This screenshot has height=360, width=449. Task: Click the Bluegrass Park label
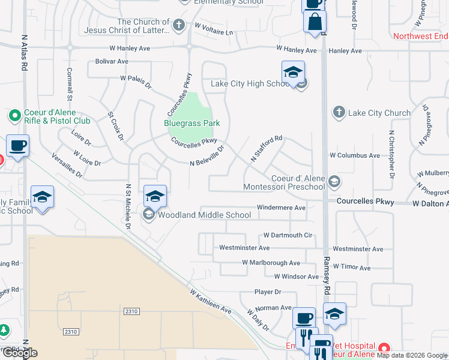[192, 123]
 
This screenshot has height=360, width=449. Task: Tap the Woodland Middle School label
[205, 215]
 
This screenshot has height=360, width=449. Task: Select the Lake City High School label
[250, 83]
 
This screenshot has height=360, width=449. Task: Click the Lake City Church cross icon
[339, 112]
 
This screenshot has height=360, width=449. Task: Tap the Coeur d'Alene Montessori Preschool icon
[334, 181]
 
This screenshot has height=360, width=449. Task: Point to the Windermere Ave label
[281, 208]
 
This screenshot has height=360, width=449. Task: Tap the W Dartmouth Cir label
[289, 235]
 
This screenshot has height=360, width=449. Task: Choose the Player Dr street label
[268, 292]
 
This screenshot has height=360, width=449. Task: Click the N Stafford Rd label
[266, 148]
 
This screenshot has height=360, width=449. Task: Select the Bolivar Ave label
[112, 61]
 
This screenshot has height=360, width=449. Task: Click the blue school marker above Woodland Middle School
[155, 196]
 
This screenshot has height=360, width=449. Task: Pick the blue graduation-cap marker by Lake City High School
[292, 72]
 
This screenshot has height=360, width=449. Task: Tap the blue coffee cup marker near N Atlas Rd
[18, 145]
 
